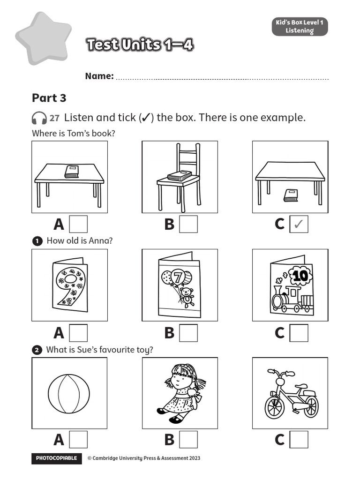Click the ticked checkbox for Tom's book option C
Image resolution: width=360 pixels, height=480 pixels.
pyautogui.click(x=299, y=225)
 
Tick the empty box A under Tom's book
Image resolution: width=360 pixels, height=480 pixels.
pyautogui.click(x=78, y=225)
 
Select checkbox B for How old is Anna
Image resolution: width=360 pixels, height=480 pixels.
pyautogui.click(x=188, y=333)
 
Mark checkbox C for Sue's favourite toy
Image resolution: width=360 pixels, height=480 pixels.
pyautogui.click(x=299, y=440)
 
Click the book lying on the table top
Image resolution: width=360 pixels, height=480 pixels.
pyautogui.click(x=71, y=172)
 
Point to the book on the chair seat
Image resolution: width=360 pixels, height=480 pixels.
pyautogui.click(x=179, y=176)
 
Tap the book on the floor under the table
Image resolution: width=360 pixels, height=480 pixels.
pyautogui.click(x=290, y=195)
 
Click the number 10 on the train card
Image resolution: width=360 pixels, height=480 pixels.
pyautogui.click(x=300, y=276)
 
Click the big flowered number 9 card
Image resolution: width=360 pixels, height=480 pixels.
pyautogui.click(x=69, y=285)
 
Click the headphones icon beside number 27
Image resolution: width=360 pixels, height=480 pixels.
pyautogui.click(x=39, y=118)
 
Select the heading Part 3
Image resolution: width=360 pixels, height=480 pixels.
pyautogui.click(x=49, y=98)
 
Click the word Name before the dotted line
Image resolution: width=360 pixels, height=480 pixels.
pyautogui.click(x=99, y=76)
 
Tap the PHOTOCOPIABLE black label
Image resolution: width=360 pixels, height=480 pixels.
pyautogui.click(x=56, y=458)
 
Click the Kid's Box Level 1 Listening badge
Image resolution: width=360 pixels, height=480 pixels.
pyautogui.click(x=300, y=27)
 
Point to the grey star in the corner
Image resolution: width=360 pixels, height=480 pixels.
pyautogui.click(x=43, y=37)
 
